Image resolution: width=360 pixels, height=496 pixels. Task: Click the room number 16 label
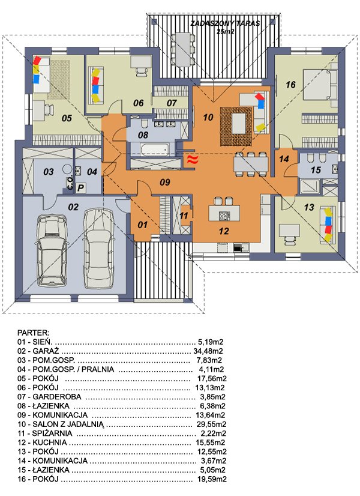tap(290, 85)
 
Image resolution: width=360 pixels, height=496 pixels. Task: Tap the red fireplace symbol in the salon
tap(192, 160)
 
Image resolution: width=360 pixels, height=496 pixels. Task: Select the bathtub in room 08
tap(154, 150)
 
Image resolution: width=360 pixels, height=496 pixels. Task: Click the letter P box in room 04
tap(80, 188)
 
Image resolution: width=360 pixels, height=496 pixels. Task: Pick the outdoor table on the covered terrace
tap(182, 49)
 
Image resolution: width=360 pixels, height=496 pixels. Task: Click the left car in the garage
tap(52, 250)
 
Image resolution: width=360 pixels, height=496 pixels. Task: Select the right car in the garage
tap(98, 247)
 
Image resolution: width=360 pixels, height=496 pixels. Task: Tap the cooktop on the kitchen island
tap(224, 216)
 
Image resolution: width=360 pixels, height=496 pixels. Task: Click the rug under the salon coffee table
tap(236, 127)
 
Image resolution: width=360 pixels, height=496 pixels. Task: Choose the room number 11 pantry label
tap(184, 216)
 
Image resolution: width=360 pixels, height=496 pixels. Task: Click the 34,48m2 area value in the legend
tap(208, 351)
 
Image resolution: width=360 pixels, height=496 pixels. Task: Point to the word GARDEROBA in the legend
tap(57, 397)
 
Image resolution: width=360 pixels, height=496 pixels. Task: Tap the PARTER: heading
tap(33, 333)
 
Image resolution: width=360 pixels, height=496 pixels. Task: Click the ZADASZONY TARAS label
tap(225, 23)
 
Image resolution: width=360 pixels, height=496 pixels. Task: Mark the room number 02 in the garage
tap(73, 207)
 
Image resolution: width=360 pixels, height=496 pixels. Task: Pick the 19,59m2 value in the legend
tap(212, 479)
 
